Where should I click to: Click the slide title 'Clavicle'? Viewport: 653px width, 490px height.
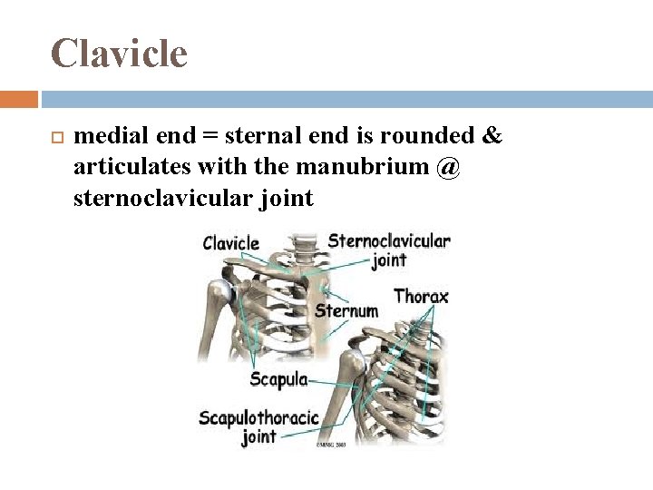[x=119, y=54]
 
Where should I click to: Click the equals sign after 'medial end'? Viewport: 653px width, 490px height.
[x=209, y=137]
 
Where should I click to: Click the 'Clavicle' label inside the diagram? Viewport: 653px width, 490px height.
[x=230, y=242]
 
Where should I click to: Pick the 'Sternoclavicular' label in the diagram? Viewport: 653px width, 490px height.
[x=388, y=240]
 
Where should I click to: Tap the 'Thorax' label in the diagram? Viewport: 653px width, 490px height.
[x=421, y=296]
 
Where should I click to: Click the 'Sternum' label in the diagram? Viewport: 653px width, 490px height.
[x=346, y=311]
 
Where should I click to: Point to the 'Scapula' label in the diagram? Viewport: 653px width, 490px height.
[x=278, y=379]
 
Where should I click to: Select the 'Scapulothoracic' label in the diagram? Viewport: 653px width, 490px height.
[x=258, y=417]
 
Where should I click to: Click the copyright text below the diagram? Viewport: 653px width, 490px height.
[x=333, y=445]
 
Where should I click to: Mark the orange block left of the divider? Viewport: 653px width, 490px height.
[x=18, y=99]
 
